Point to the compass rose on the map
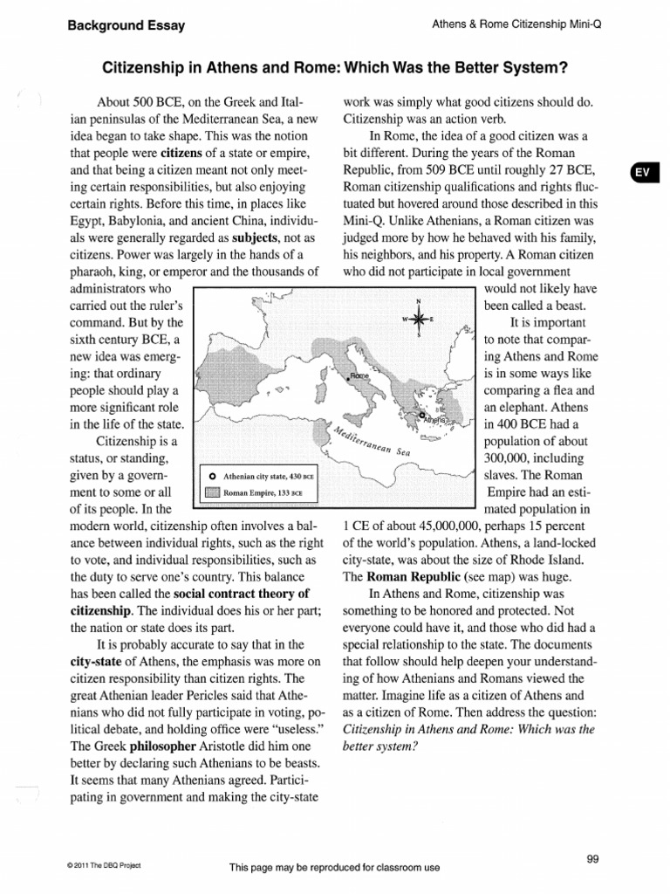pos(418,319)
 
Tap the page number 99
pos(592,859)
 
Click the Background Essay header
pos(126,25)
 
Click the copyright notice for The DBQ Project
pos(104,865)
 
